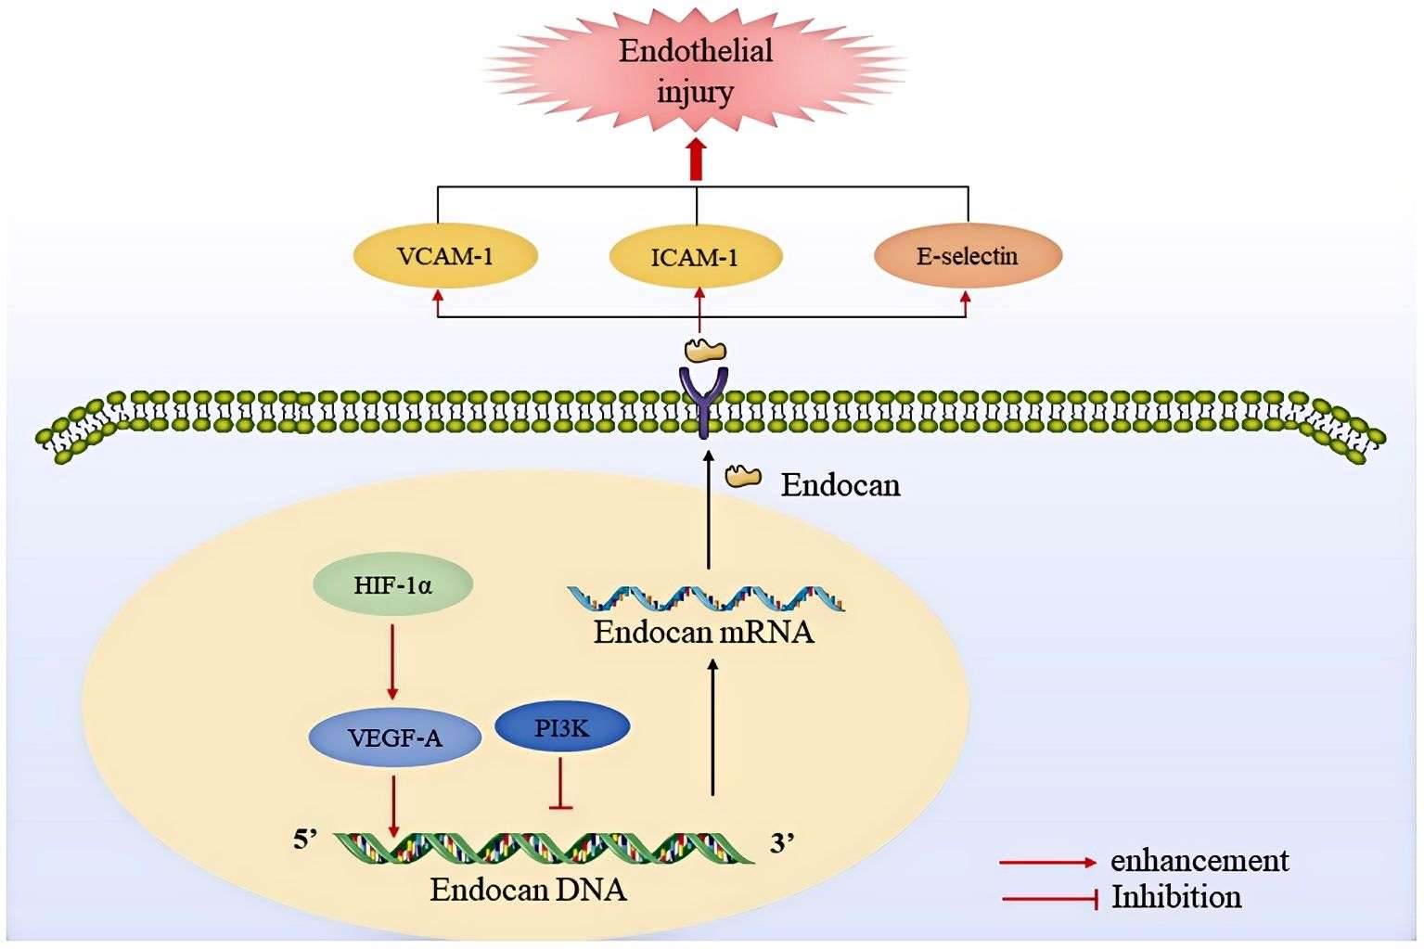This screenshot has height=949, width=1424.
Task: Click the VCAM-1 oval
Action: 445,256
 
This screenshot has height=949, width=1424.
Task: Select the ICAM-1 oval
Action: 695,256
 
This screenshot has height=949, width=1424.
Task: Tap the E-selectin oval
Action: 968,256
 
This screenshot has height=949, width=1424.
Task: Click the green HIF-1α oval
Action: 393,585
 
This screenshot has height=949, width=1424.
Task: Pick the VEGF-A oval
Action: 395,737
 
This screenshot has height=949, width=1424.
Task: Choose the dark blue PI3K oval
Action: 562,728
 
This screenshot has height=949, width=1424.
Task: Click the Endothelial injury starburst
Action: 695,71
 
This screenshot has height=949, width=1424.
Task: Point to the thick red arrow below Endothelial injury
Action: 697,160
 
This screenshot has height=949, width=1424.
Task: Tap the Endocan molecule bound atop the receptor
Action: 705,351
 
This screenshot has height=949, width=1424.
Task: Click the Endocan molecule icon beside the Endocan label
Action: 743,477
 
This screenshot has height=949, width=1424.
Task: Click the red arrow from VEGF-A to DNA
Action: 395,803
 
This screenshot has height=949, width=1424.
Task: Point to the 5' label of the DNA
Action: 305,840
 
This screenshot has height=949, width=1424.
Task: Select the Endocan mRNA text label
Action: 704,633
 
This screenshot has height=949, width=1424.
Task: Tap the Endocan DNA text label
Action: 528,890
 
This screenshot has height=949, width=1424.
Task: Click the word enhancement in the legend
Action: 1199,860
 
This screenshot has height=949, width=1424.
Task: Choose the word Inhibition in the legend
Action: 1176,897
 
